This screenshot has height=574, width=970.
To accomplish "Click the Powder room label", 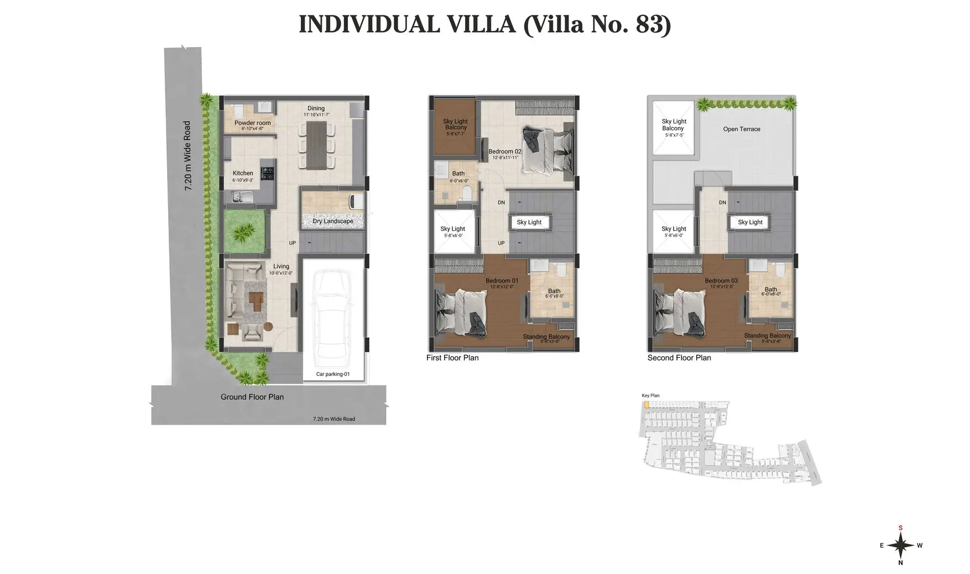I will [252, 123].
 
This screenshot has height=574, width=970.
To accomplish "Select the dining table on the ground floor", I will [316, 145].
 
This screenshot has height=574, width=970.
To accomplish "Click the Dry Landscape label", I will [332, 221].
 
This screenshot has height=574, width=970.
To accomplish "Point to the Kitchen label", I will [243, 173].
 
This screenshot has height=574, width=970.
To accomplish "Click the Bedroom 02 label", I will [504, 152].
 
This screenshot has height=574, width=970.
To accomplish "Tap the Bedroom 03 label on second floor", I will [721, 281].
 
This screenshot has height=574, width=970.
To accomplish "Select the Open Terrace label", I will [742, 129].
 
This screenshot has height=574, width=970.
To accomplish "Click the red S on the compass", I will [900, 528].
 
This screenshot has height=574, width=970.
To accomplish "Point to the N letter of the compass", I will [900, 563].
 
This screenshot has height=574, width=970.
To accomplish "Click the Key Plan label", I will [650, 395].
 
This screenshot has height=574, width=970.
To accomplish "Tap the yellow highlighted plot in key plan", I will [646, 405].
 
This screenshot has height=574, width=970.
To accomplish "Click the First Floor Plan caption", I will [452, 358].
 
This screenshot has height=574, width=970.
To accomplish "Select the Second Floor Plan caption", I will [679, 358].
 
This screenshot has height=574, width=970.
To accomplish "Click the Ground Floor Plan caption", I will [252, 397].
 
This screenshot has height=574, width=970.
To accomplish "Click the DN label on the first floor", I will [501, 202].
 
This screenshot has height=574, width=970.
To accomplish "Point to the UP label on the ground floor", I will [292, 243].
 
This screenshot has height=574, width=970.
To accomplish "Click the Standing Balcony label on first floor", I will [546, 337].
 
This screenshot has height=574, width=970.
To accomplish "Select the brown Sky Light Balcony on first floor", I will [455, 126].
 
